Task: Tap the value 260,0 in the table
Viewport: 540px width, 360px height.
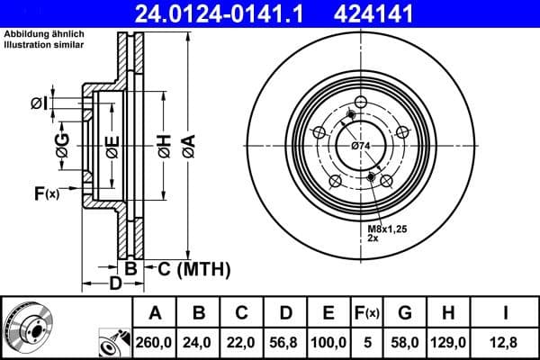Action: [x=154, y=343]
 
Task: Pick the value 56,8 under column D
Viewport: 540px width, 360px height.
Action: [x=285, y=343]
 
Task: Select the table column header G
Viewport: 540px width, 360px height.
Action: [x=405, y=313]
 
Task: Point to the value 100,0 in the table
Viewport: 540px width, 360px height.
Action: [x=328, y=343]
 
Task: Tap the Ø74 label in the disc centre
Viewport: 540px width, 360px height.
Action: [x=362, y=146]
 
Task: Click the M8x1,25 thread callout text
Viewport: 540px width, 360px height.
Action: [x=387, y=231]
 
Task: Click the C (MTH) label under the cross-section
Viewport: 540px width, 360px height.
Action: [x=194, y=268]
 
